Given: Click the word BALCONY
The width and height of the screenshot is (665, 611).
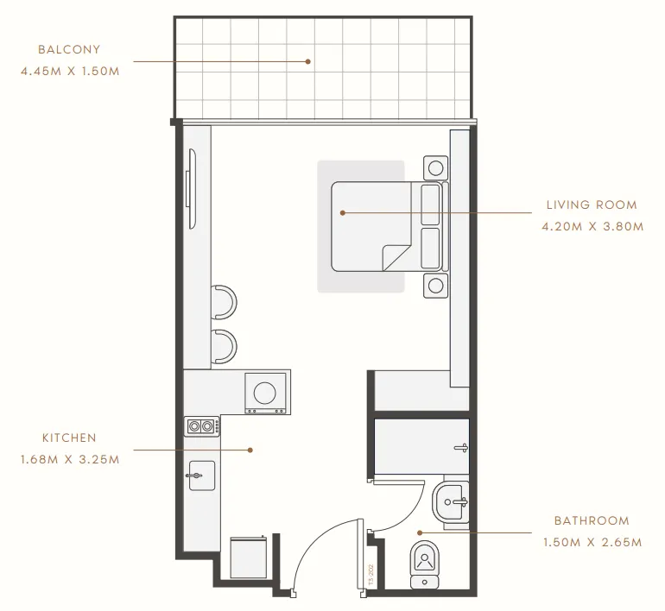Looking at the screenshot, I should pyautogui.click(x=69, y=50).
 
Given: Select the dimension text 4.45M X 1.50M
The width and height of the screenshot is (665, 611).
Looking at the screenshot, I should pyautogui.click(x=69, y=71).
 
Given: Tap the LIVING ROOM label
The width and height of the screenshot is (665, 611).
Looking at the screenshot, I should pyautogui.click(x=592, y=205).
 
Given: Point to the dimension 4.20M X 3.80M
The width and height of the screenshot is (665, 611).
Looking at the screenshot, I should pyautogui.click(x=592, y=227).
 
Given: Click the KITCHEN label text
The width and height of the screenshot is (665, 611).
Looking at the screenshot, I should pyautogui.click(x=69, y=438).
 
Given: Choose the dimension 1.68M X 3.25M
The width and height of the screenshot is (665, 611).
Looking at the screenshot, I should pyautogui.click(x=69, y=459).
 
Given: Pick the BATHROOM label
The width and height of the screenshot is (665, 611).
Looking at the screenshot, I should pyautogui.click(x=592, y=521).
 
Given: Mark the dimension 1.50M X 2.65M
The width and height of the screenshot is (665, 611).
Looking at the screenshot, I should pyautogui.click(x=592, y=543).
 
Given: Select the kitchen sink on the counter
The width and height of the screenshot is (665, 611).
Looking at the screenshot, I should pyautogui.click(x=200, y=475).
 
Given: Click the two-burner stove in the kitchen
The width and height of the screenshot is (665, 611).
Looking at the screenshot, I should pyautogui.click(x=202, y=425).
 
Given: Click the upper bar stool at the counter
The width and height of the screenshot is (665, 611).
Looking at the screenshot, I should pyautogui.click(x=226, y=301).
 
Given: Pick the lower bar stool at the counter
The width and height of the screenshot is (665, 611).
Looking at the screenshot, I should pyautogui.click(x=226, y=346).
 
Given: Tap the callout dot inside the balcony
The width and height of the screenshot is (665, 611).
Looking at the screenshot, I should pyautogui.click(x=307, y=61).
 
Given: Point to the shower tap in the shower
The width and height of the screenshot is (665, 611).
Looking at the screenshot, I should pyautogui.click(x=464, y=447).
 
